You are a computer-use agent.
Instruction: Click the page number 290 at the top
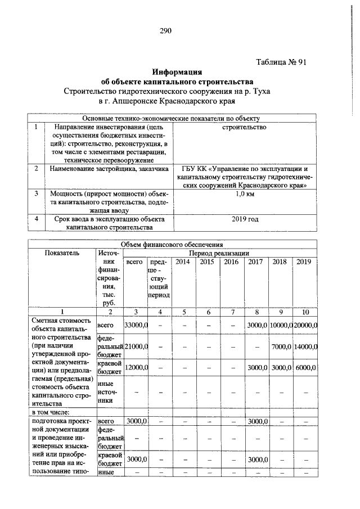click(165, 30)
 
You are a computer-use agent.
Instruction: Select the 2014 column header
click(183, 262)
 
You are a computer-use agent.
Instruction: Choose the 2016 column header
click(232, 262)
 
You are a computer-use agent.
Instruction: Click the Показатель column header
click(63, 253)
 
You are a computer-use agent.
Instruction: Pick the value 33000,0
click(136, 326)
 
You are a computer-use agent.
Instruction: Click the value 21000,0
click(136, 346)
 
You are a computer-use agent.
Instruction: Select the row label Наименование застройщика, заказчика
click(109, 168)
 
